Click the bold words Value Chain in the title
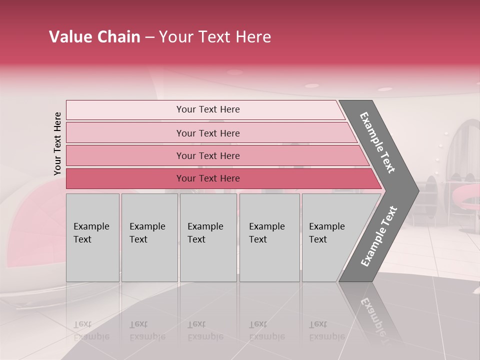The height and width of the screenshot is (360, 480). pos(94,37)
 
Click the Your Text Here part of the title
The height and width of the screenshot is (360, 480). pos(215,37)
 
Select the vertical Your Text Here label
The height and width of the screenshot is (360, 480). pos(57,143)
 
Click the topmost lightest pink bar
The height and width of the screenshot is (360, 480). pos(207,109)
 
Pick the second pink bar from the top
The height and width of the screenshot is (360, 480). pos(207,133)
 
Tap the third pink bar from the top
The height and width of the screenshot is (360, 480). pos(207,155)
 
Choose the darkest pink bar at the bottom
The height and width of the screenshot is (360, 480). pos(207,178)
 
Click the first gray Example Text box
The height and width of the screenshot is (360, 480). pos(92,237)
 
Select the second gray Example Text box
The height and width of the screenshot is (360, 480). pos(149,237)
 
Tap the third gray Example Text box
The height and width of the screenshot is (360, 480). pos(207,237)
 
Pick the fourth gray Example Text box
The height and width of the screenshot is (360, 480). pos(269,237)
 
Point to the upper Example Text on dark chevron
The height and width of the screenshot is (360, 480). pos(378,142)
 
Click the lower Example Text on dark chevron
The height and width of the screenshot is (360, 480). pos(379,236)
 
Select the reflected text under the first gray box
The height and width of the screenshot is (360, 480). pos(91,330)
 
